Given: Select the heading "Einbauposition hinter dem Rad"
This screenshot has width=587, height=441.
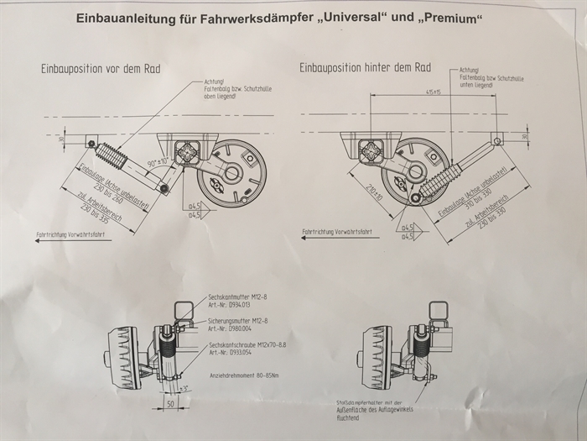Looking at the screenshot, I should click(x=365, y=67).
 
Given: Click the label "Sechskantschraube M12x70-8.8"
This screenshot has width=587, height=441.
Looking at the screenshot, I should click(x=247, y=344).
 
